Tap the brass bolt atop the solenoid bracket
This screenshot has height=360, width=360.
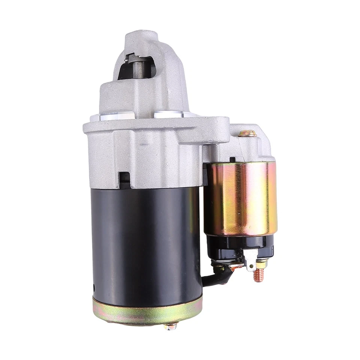tap(247, 133)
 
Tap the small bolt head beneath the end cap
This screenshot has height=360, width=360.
tap(170, 326)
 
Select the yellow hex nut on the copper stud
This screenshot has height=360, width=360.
tap(261, 264)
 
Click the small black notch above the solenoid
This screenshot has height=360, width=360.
tap(232, 159)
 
